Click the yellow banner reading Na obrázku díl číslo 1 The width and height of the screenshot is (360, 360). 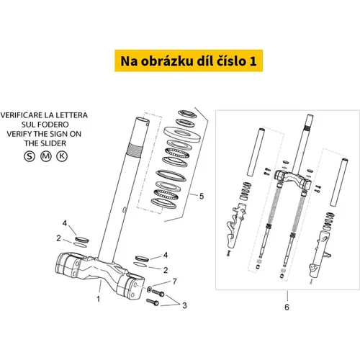coord(189,60)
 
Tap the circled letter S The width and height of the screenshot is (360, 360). coord(30,156)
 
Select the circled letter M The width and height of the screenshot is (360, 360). coord(45,156)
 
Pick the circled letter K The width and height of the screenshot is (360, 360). coord(62,156)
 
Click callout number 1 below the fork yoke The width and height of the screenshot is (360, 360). coord(98,299)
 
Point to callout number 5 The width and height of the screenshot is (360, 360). coord(202,196)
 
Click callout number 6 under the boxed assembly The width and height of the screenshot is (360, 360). coord(287,307)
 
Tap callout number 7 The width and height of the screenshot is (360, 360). coord(175,281)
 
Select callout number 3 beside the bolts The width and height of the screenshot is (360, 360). coord(184,305)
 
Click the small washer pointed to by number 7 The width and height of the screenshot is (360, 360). coord(149,289)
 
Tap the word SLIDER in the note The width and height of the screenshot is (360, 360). coord(55,143)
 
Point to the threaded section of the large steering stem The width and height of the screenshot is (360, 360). coord(135,150)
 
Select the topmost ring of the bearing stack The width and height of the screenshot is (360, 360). coord(187,114)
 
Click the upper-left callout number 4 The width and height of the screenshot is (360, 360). coord(65,223)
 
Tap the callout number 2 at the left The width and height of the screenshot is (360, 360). coord(58,238)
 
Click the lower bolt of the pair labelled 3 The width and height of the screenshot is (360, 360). coord(153,302)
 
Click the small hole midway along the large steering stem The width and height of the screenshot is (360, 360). coord(124,210)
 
